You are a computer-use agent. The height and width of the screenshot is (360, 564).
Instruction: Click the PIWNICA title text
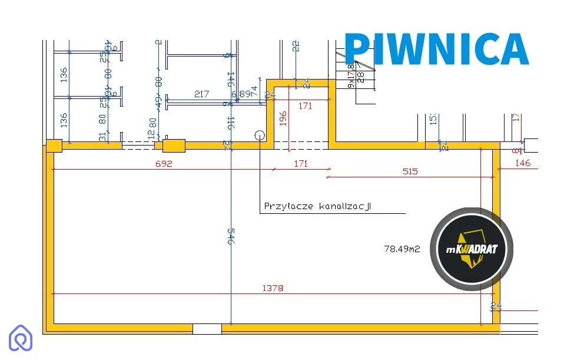pos(436,49)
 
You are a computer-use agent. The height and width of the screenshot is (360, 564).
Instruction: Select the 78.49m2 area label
pos(402,249)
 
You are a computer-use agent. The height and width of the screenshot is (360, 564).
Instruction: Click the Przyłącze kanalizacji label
pos(318,207)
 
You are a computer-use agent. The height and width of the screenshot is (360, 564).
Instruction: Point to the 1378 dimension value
pos(273,288)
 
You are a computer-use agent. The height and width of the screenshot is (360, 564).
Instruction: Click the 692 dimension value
pos(164,164)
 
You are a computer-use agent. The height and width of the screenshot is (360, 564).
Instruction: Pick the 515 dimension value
pos(410,171)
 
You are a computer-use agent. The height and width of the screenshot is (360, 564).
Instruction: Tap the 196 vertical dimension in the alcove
pos(283,119)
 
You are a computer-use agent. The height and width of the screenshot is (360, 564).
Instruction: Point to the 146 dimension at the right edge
pos(523,163)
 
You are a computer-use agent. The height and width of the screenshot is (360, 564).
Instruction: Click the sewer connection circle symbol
pos(260,135)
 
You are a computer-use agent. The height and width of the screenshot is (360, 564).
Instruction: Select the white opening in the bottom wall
pos(207,329)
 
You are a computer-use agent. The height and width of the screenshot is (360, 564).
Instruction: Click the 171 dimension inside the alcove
pos(305,106)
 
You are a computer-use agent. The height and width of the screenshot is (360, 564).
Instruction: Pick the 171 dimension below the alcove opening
pos(300,164)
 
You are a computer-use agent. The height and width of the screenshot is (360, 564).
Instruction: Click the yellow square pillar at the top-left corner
pos(54,146)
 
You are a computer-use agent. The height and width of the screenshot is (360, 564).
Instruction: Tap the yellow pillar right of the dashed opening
pos(174,146)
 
